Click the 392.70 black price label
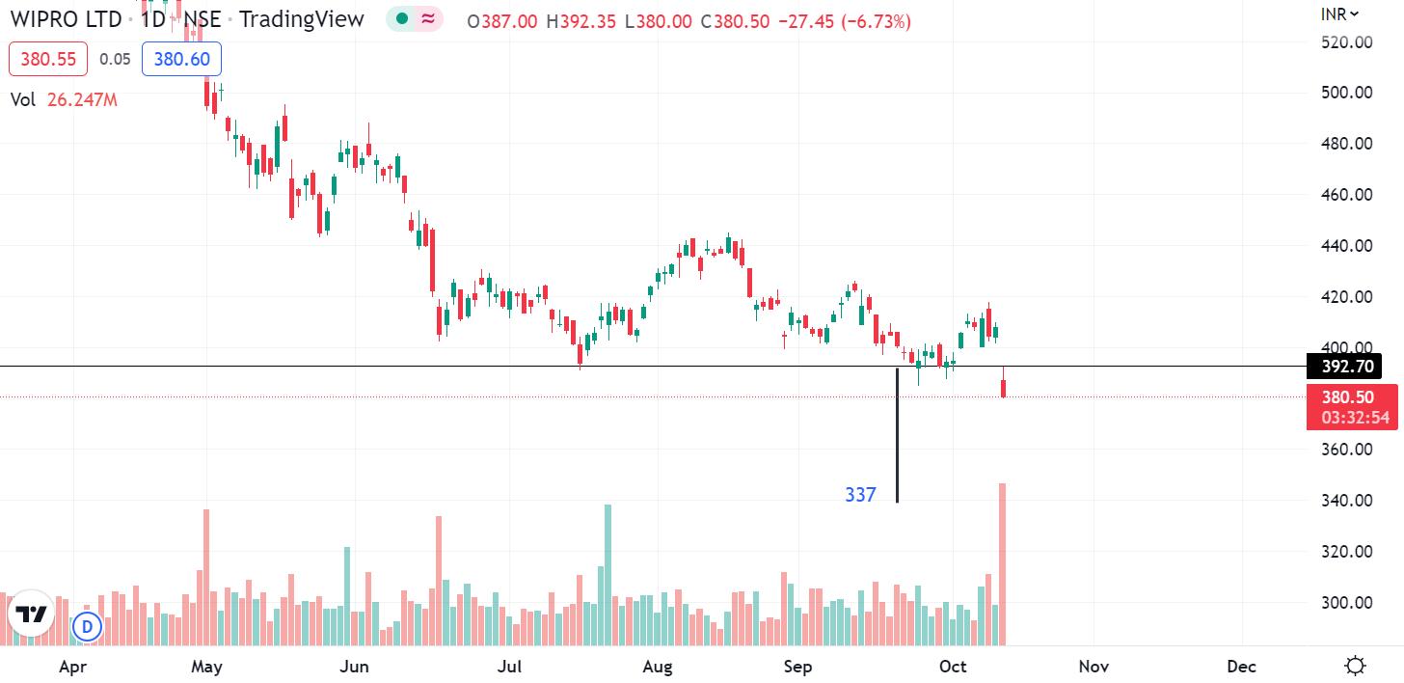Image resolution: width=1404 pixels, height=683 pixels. [1343, 367]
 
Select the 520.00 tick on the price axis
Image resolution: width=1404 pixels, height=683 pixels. [1348, 41]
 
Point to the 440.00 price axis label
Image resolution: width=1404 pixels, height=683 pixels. [1348, 245]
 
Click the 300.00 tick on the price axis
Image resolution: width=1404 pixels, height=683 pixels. [1348, 603]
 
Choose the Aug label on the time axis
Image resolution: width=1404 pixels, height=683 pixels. [657, 667]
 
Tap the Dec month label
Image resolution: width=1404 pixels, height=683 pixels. [1241, 667]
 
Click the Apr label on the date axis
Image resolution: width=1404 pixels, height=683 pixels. [72, 667]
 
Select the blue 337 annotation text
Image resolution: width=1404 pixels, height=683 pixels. [860, 495]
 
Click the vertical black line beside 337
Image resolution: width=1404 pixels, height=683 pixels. [897, 434]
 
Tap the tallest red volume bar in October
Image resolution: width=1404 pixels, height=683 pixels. [1003, 564]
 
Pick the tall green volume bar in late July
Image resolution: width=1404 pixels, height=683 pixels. [607, 574]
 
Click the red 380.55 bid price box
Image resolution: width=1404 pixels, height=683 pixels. [48, 59]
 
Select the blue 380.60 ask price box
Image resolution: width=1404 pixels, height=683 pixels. [182, 59]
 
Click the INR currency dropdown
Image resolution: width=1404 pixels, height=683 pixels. [1339, 14]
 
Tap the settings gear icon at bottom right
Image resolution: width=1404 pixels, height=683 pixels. [1355, 666]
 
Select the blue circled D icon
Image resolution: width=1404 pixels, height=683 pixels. [87, 627]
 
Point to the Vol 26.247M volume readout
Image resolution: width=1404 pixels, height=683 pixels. [64, 99]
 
